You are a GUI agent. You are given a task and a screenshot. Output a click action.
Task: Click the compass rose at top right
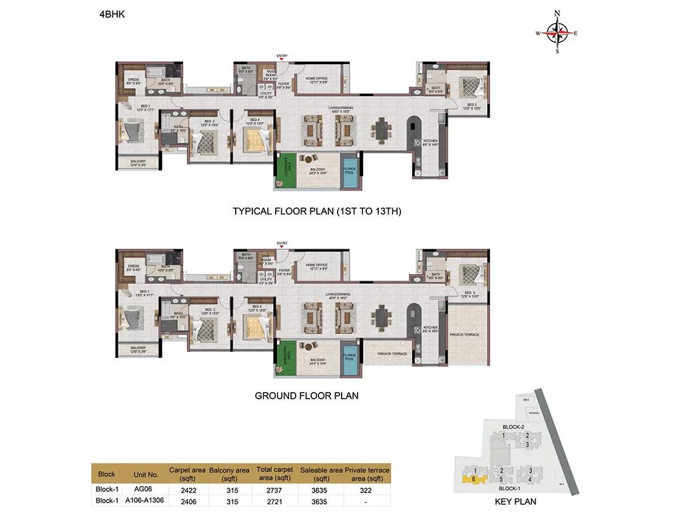(558, 31)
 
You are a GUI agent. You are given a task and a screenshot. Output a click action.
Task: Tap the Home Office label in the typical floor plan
(317, 79)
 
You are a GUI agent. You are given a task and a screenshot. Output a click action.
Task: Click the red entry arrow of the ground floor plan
(282, 249)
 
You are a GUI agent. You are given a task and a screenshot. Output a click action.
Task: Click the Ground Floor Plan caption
(306, 395)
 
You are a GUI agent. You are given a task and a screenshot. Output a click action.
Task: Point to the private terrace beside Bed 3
(464, 333)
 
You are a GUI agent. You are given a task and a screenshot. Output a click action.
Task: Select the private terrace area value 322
(366, 488)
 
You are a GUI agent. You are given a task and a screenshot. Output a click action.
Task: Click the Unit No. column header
(146, 474)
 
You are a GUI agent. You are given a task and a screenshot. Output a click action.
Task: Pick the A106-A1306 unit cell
(146, 499)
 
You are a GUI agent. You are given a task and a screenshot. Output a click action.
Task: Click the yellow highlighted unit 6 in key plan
(472, 478)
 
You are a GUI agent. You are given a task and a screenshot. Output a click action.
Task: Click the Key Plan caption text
(516, 501)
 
